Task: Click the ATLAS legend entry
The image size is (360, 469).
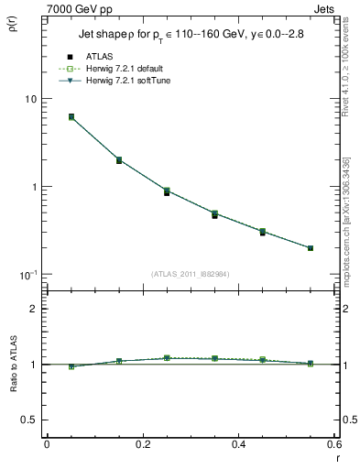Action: pyautogui.click(x=99, y=58)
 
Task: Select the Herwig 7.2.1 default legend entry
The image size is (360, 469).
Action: pyautogui.click(x=121, y=70)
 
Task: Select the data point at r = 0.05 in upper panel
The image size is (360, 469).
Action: pyautogui.click(x=71, y=117)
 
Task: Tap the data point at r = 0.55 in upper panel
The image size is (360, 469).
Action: pyautogui.click(x=311, y=247)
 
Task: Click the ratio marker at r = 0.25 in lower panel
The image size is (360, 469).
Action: pyautogui.click(x=167, y=358)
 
